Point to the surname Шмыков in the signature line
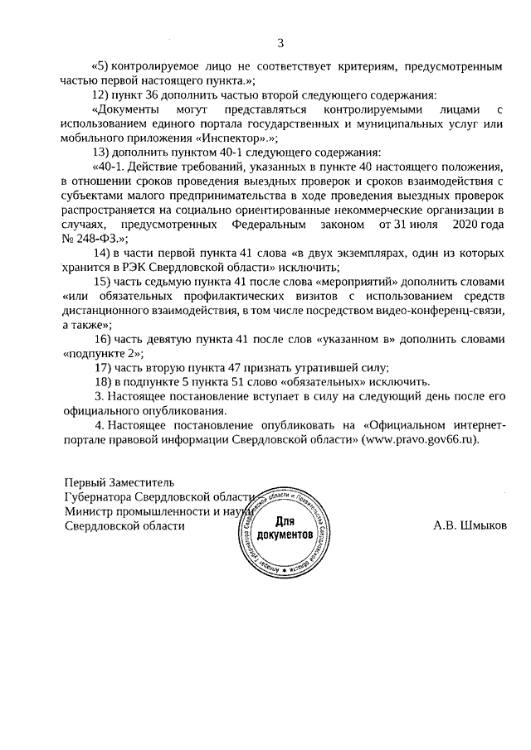pyautogui.click(x=482, y=525)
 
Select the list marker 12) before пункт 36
pyautogui.click(x=101, y=94)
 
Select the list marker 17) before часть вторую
pyautogui.click(x=101, y=367)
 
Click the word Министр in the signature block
pyautogui.click(x=88, y=511)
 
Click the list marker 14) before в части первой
pyautogui.click(x=101, y=252)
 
